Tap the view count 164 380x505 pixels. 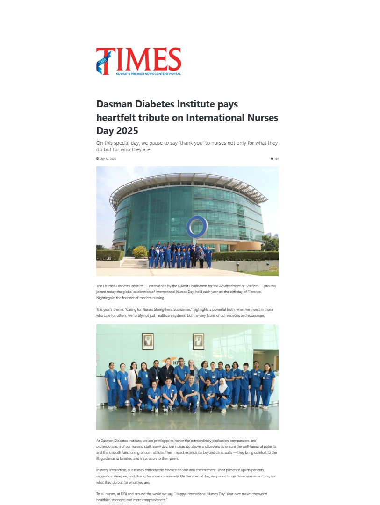point(276,159)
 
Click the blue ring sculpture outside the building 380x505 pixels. point(196,228)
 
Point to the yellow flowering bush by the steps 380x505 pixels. point(139,252)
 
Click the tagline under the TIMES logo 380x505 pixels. point(148,74)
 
